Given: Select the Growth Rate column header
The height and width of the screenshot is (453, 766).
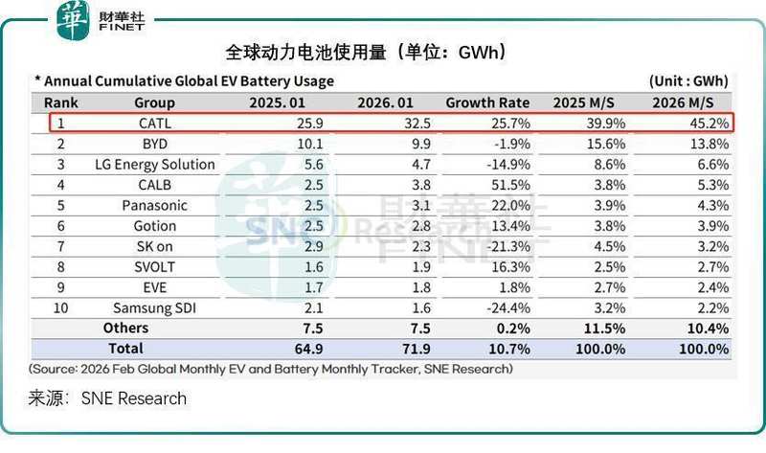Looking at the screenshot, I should click(488, 102).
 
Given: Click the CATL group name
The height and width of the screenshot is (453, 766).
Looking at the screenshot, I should click(154, 123).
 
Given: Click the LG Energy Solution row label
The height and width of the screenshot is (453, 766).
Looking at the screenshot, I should click(154, 164).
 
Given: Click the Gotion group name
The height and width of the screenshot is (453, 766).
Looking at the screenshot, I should click(154, 226).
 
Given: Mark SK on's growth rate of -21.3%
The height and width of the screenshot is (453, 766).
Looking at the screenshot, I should click(508, 246).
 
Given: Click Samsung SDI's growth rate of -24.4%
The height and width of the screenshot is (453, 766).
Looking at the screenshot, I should click(508, 307).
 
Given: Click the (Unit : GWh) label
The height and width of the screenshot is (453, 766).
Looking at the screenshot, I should click(688, 81).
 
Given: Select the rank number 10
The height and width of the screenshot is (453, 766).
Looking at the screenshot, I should click(60, 307).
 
